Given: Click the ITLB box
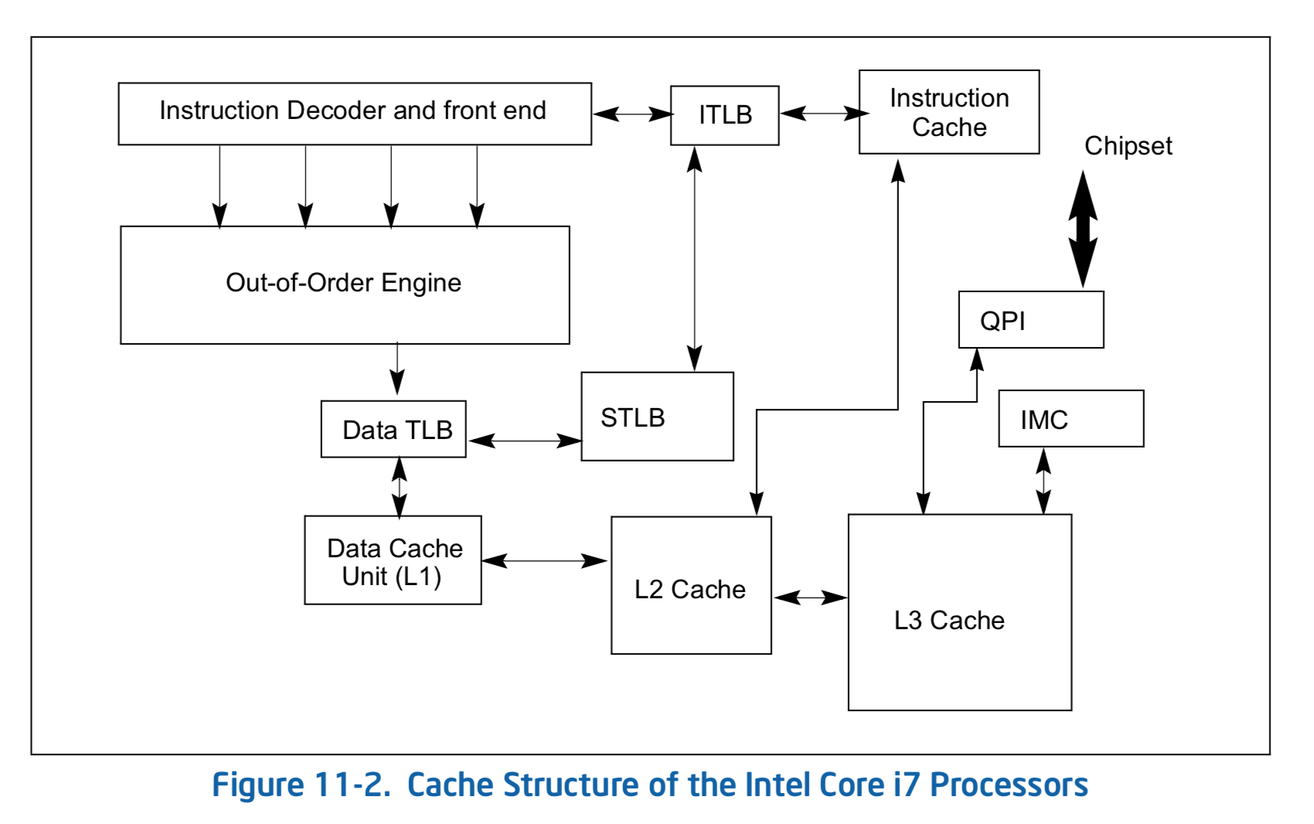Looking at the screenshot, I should (724, 115).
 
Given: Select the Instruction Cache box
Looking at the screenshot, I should (948, 112).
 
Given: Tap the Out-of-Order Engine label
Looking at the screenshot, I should (343, 283).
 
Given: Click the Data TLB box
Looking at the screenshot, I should (393, 429).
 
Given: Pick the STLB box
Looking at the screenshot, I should (657, 417).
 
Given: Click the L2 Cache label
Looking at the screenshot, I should (689, 590).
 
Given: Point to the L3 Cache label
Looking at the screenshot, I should (949, 621).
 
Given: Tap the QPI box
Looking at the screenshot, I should (1030, 320).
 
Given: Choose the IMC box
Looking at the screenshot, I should (1071, 419).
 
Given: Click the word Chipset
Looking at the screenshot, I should (1128, 146).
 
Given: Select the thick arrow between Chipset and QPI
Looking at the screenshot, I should (1083, 229).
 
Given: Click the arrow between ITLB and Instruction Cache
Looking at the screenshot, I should (824, 114).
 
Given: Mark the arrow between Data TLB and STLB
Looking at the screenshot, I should (525, 441).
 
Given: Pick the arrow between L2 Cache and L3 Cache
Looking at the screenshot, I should (810, 598).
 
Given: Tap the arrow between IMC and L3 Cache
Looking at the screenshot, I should (1043, 481).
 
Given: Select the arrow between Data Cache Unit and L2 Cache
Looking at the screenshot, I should (544, 561).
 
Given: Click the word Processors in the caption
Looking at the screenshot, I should (1009, 785).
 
